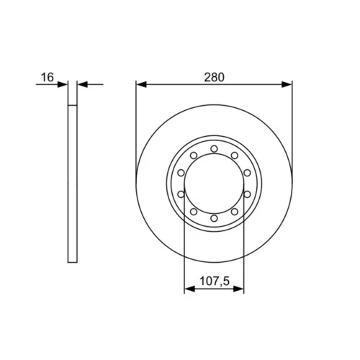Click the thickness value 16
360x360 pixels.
[48, 77]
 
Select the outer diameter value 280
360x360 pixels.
[214, 77]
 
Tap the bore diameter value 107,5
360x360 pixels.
[215, 281]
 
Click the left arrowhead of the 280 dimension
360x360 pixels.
[141, 84]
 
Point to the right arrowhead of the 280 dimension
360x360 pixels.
[287, 84]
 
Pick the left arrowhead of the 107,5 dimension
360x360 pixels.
[189, 289]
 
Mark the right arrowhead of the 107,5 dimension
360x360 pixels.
[238, 289]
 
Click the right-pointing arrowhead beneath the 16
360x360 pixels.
[63, 84]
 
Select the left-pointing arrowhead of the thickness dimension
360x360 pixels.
[83, 84]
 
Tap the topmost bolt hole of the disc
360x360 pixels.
[214, 149]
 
